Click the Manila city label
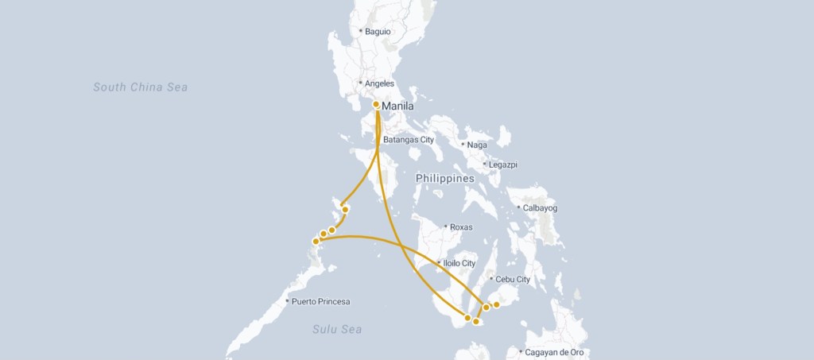398,106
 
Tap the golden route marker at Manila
376,104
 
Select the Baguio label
378,32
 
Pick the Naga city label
477,145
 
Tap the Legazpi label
503,165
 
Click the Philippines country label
444,179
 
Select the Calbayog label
541,208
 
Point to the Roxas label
461,227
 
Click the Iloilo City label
459,263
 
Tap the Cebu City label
512,279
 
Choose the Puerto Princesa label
320,301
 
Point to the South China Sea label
140,87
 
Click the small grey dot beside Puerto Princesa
287,301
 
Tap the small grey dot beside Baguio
360,32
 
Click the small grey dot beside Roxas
445,227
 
